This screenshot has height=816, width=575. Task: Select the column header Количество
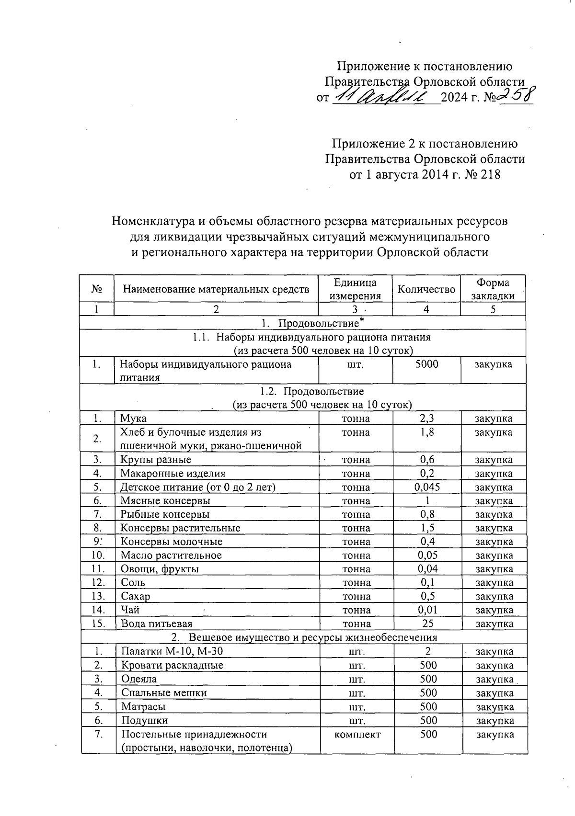426,289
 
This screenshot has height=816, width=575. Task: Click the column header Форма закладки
493,289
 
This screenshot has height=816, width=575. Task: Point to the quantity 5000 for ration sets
426,364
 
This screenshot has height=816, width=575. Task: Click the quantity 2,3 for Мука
426,419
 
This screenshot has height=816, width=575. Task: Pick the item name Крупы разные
156,460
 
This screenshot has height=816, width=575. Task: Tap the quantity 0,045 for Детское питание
426,487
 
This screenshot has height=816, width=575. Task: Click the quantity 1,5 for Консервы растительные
426,528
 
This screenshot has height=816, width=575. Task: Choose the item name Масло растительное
171,555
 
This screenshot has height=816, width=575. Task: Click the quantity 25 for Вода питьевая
426,623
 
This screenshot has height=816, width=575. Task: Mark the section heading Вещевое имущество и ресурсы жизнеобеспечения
312,637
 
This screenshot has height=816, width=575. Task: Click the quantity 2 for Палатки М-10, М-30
427,651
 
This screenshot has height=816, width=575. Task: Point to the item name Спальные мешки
164,693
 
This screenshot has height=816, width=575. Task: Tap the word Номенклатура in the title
151,221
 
